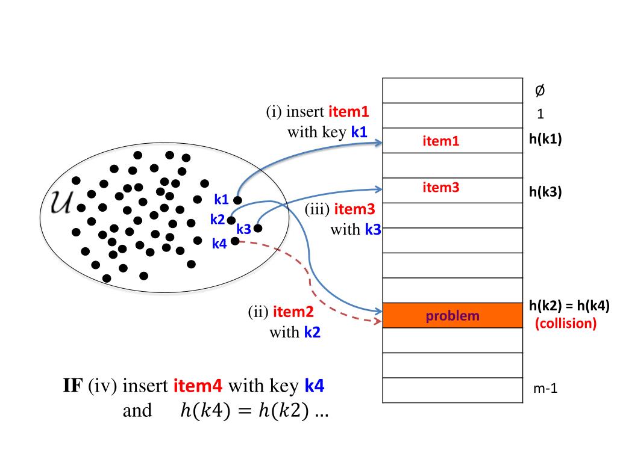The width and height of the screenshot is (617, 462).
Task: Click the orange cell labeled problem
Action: pos(453,315)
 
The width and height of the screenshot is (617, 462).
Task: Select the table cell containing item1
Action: pos(453,141)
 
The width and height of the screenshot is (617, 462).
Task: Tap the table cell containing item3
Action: pos(453,190)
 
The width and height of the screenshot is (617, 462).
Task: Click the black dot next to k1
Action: pos(238,200)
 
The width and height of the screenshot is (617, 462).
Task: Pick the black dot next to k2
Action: pos(231,220)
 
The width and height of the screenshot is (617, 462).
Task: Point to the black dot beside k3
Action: pos(258,228)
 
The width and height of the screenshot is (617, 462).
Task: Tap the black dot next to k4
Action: pos(235,241)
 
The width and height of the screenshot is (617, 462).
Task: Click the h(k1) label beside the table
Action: pos(545,139)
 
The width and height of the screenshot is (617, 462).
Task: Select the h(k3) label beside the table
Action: pos(545,191)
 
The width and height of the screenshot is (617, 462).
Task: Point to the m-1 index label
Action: pos(545,389)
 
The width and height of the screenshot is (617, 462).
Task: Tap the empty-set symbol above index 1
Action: pos(540,91)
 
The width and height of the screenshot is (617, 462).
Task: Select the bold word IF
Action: pos(74,386)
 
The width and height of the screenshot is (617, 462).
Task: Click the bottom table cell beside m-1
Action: pos(453,390)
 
